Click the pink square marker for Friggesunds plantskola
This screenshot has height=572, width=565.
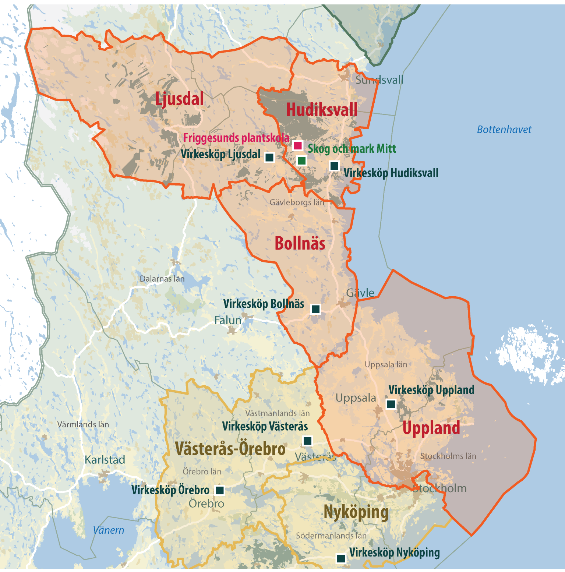(298, 145)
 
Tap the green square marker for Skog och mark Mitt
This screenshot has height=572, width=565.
(302, 160)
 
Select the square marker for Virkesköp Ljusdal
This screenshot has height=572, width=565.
(269, 158)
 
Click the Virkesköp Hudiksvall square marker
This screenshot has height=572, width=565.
(334, 166)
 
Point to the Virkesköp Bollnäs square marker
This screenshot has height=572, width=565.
(315, 309)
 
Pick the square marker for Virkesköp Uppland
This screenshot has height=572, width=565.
(391, 404)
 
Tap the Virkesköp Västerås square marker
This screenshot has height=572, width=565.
(307, 441)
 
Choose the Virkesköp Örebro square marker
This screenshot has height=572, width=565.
(220, 490)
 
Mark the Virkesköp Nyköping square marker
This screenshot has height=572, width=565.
(341, 558)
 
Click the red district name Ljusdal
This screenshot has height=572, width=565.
(179, 99)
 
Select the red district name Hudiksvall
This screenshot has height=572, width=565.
(322, 110)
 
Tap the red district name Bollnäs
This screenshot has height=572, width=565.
(300, 244)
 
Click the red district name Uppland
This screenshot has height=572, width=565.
(431, 428)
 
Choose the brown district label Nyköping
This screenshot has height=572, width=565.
(356, 512)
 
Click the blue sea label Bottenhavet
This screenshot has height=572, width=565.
(504, 130)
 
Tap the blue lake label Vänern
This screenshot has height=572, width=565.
(108, 530)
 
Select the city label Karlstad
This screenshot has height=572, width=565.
(105, 460)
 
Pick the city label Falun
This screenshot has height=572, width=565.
(228, 320)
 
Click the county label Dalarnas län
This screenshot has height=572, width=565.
(162, 279)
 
